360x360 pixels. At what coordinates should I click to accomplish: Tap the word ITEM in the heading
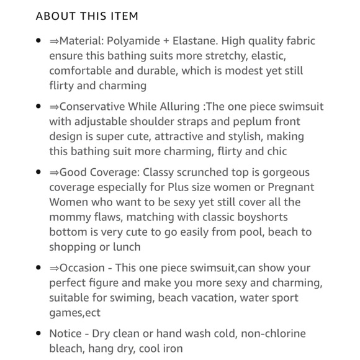pos(123,16)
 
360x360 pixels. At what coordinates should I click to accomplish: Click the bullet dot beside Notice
pos(38,334)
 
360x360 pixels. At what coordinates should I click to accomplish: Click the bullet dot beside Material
pos(38,41)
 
